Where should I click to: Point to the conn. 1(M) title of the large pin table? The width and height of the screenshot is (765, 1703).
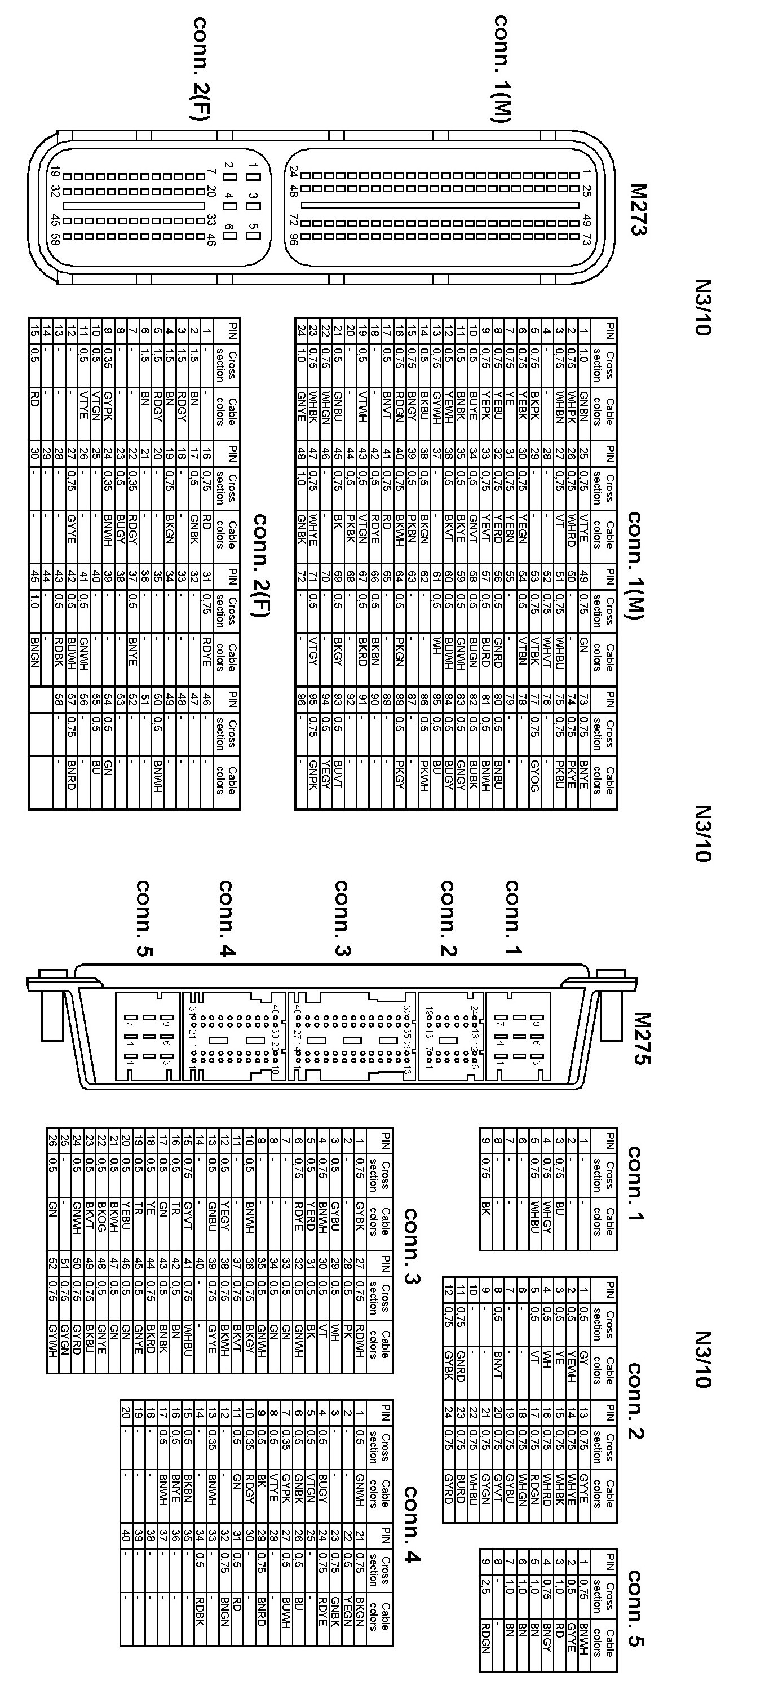[x=635, y=565]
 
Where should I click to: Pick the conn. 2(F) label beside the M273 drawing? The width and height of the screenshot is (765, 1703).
[x=200, y=69]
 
